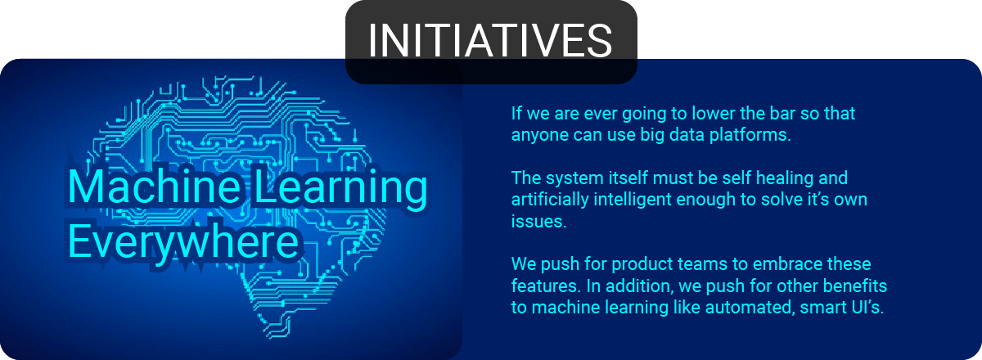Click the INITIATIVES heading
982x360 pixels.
pos(490,40)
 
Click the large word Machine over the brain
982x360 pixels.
pos(155,187)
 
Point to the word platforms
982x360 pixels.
pos(750,135)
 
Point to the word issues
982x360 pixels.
pos(538,222)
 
